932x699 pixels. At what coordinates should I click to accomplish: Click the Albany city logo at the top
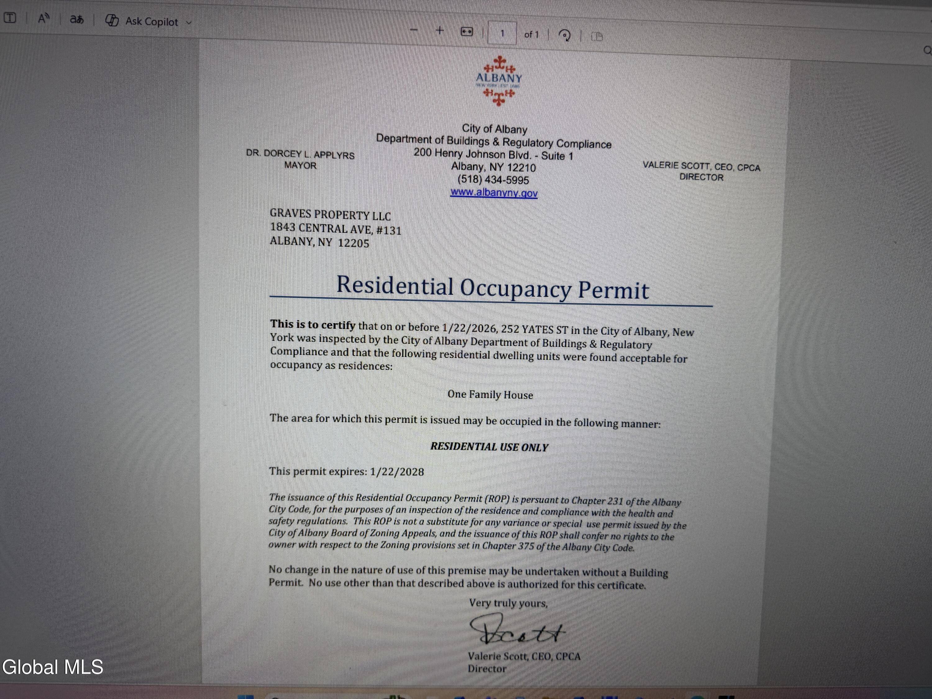point(498,80)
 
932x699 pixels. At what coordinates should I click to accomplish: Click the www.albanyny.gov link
point(494,193)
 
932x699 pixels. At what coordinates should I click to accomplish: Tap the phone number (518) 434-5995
point(493,180)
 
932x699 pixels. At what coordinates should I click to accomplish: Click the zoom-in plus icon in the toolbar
point(440,30)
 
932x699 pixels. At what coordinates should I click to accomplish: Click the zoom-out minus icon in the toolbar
point(414,30)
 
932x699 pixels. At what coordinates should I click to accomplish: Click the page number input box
point(502,33)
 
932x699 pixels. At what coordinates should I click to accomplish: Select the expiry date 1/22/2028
point(397,472)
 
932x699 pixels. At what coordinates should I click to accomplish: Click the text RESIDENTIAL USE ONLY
point(489,447)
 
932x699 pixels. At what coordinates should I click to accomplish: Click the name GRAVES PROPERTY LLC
point(330,215)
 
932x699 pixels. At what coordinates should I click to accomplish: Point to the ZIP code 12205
point(353,243)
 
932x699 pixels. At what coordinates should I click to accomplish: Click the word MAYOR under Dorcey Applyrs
point(300,165)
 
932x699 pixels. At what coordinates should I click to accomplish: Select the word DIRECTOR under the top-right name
point(701,177)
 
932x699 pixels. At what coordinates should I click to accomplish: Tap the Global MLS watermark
point(53,667)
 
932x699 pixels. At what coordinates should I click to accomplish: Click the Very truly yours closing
point(508,603)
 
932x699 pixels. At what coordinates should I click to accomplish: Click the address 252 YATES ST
point(534,330)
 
